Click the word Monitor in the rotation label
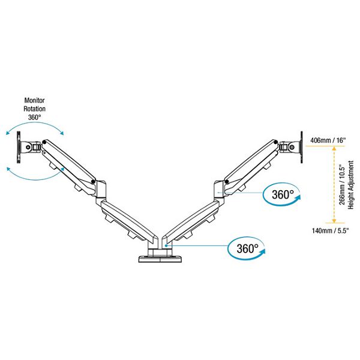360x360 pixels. pyautogui.click(x=34, y=100)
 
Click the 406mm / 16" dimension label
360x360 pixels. pyautogui.click(x=328, y=140)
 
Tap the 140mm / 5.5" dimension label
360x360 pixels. pyautogui.click(x=330, y=230)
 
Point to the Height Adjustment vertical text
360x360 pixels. pyautogui.click(x=350, y=185)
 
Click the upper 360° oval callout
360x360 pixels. pyautogui.click(x=282, y=194)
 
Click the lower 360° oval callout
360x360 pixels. pyautogui.click(x=247, y=249)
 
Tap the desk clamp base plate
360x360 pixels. pyautogui.click(x=160, y=259)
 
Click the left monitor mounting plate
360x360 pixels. pyautogui.click(x=19, y=147)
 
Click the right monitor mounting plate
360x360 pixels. pyautogui.click(x=302, y=147)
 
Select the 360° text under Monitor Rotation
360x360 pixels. pyautogui.click(x=34, y=118)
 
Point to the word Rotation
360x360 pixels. pyautogui.click(x=34, y=109)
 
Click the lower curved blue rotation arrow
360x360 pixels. pyautogui.click(x=35, y=179)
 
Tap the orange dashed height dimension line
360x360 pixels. pyautogui.click(x=334, y=184)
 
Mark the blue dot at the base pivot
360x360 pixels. pyautogui.click(x=166, y=245)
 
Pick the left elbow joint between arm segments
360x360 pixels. pyautogui.click(x=101, y=190)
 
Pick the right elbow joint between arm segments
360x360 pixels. pyautogui.click(x=220, y=190)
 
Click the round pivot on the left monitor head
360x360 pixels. pyautogui.click(x=28, y=146)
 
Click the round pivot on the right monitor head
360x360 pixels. pyautogui.click(x=292, y=146)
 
